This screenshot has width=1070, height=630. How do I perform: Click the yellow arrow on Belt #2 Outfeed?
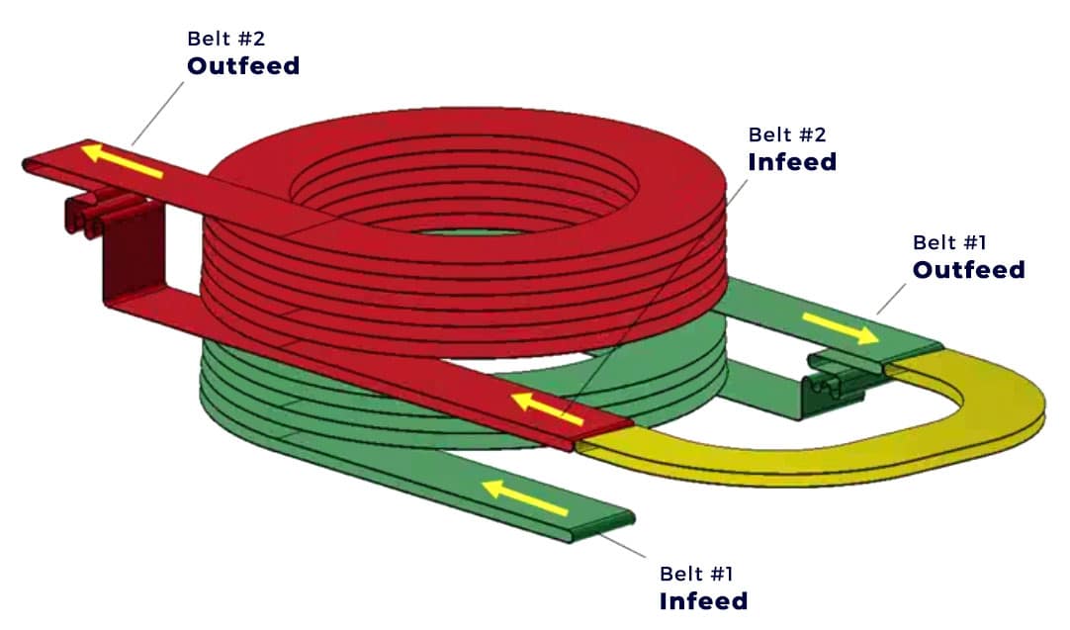122,160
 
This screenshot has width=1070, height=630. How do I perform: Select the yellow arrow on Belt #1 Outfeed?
840,328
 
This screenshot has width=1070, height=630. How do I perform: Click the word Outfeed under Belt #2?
243,66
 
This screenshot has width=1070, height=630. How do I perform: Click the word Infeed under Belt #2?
791,161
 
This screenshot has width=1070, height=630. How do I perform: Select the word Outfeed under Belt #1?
968,269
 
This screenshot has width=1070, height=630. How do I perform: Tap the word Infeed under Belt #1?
703,600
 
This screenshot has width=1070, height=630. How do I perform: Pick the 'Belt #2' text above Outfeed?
226,39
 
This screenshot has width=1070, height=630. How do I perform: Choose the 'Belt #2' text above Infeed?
787,134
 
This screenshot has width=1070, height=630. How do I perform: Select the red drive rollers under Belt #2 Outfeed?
99,212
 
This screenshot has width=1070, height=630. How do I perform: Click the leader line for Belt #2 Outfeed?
158,113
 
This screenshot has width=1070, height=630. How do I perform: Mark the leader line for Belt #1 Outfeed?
891,298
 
